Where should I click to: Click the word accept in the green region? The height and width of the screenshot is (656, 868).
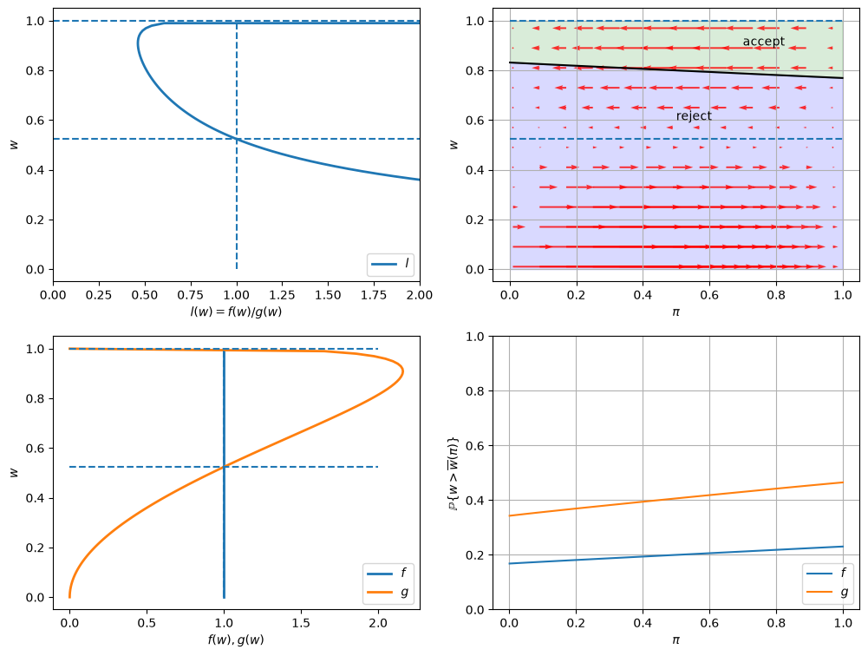763,42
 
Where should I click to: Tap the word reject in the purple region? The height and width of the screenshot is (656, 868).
694,115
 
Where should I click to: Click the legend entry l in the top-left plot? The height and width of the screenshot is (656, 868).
391,264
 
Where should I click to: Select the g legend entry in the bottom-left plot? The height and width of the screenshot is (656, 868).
388,593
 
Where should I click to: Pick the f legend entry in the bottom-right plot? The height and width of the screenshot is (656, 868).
826,573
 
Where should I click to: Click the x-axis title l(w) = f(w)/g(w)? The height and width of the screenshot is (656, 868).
237,312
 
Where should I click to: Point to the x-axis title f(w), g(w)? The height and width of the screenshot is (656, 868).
237,640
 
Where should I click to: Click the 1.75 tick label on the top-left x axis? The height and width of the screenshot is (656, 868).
374,295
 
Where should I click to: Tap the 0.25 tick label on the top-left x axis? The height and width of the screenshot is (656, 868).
99,295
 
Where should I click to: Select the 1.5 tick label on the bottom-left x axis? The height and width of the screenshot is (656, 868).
301,623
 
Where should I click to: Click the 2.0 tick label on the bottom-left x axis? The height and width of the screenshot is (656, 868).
378,623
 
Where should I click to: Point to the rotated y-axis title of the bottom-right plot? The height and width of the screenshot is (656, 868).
454,475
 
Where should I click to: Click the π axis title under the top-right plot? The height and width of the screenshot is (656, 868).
675,312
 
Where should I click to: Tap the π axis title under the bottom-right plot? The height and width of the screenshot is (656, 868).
675,640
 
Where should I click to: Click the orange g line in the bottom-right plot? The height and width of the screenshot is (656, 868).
675,499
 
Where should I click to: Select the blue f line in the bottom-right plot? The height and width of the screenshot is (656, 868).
675,555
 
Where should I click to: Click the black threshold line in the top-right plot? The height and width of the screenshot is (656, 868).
675,70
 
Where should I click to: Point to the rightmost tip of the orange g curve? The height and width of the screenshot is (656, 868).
403,371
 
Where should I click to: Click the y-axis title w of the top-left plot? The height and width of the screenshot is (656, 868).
15,145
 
